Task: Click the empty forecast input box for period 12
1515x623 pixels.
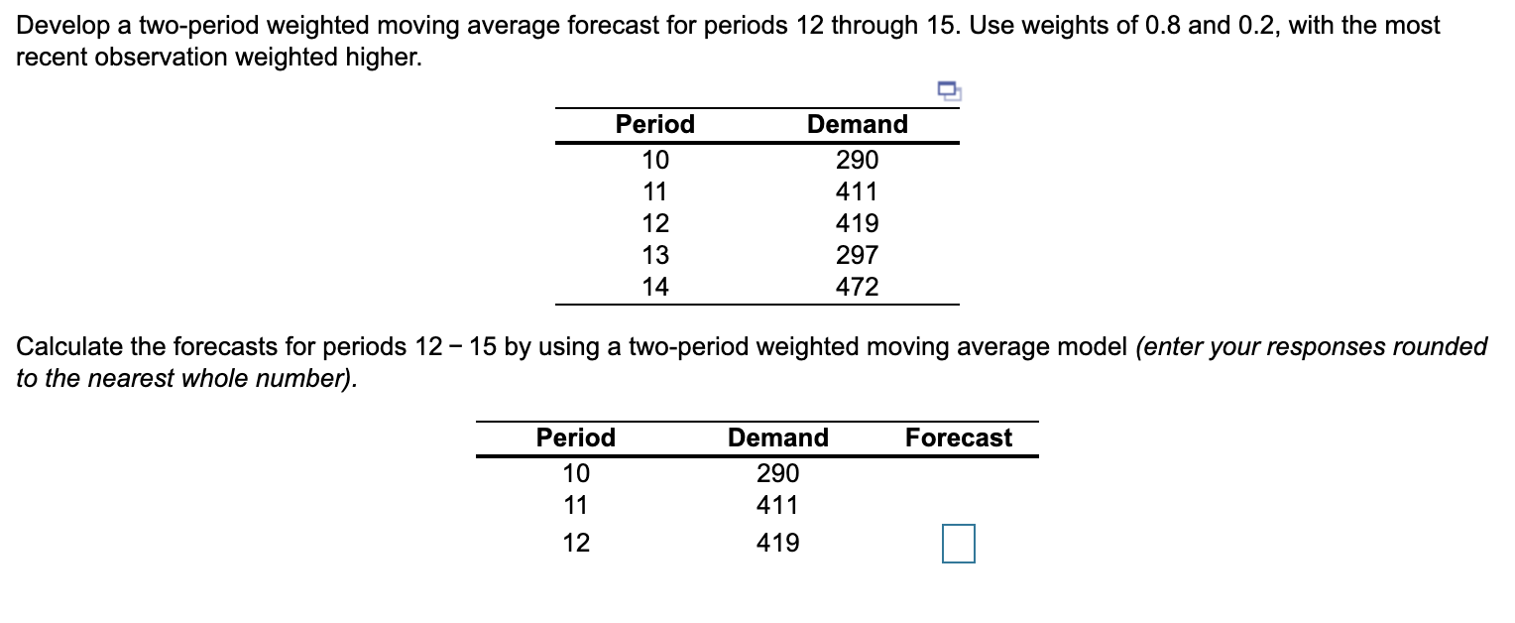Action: pyautogui.click(x=959, y=544)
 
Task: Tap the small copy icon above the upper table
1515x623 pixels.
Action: pyautogui.click(x=950, y=92)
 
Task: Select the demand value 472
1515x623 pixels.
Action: pyautogui.click(x=858, y=288)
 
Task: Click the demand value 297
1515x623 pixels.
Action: pyautogui.click(x=858, y=256)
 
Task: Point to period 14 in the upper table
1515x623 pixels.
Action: pyautogui.click(x=655, y=288)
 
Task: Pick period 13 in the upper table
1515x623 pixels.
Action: pyautogui.click(x=655, y=256)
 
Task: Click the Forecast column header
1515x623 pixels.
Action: pyautogui.click(x=959, y=437)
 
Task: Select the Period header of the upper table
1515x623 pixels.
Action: pyautogui.click(x=655, y=124)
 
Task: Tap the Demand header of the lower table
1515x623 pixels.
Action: pyautogui.click(x=778, y=437)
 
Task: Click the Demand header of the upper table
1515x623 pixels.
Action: pyautogui.click(x=858, y=124)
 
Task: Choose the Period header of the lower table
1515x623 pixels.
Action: pyautogui.click(x=576, y=437)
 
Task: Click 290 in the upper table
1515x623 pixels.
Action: pyautogui.click(x=858, y=160)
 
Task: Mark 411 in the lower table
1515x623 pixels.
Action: pyautogui.click(x=778, y=506)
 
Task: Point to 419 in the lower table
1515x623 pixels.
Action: pyautogui.click(x=778, y=544)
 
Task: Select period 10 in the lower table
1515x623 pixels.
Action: pyautogui.click(x=576, y=473)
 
